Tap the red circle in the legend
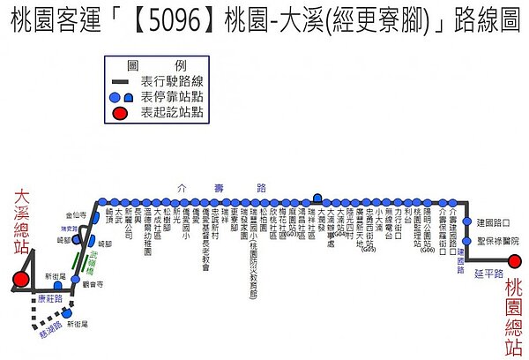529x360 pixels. pos(120,112)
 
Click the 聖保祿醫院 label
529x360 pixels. pos(497,241)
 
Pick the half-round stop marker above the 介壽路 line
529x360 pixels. pos(317,198)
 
